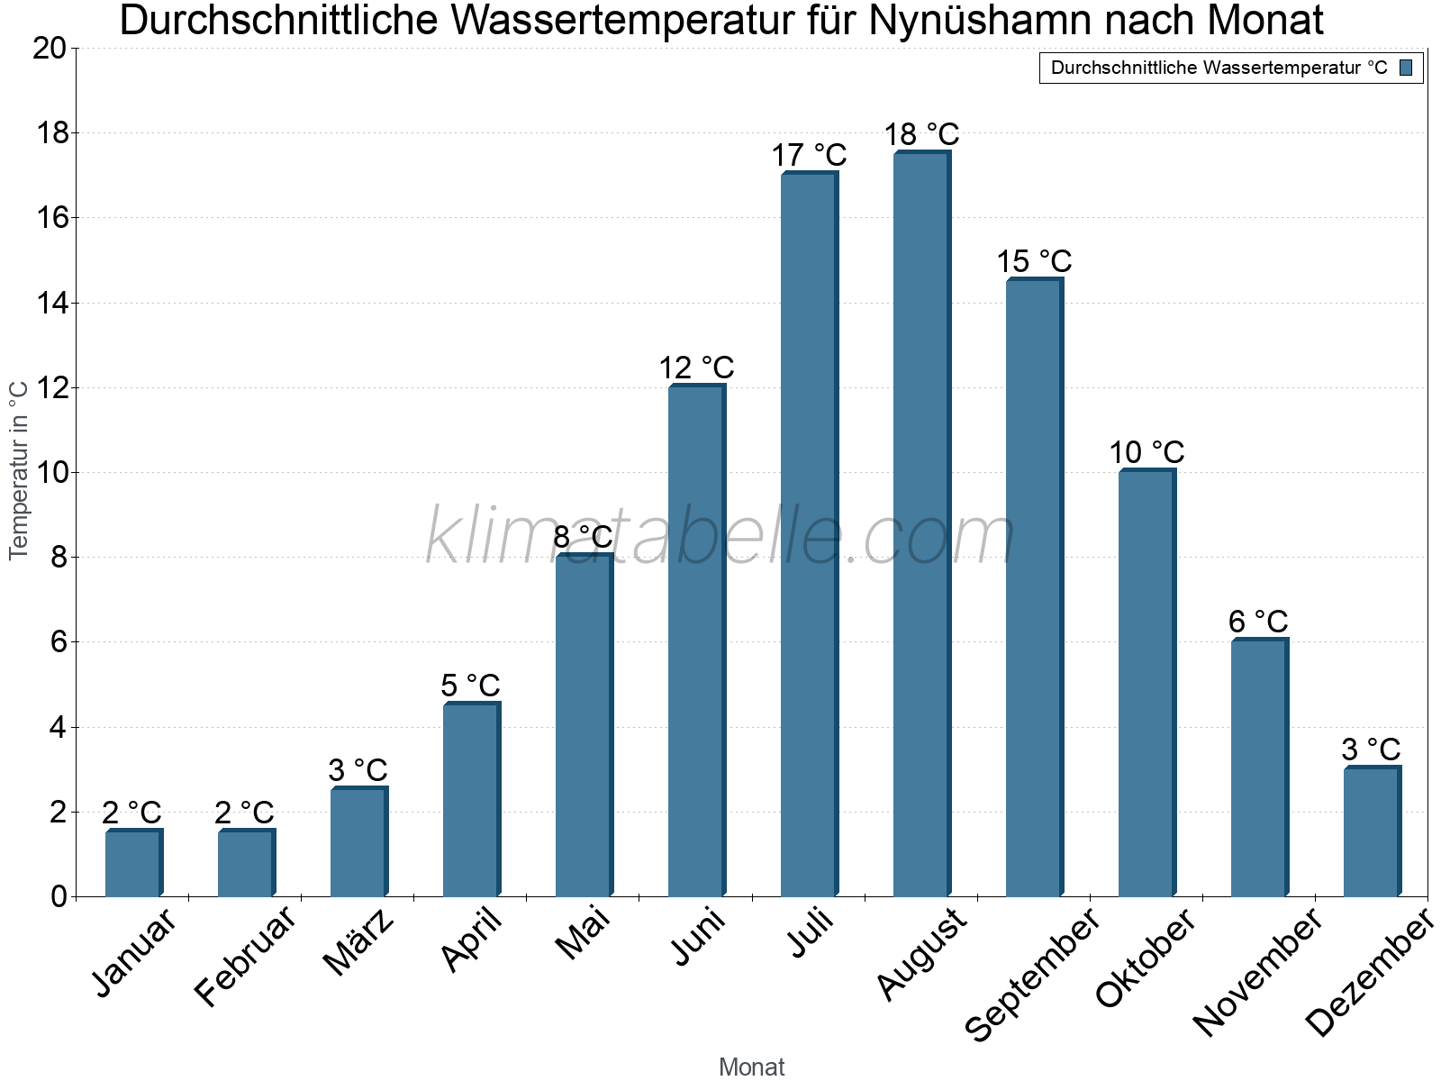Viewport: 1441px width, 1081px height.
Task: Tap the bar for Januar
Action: (x=133, y=863)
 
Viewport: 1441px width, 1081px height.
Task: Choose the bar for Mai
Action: (x=584, y=725)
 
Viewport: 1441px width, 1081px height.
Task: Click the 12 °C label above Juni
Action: (x=696, y=368)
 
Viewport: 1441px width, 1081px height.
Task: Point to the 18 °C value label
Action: (x=921, y=135)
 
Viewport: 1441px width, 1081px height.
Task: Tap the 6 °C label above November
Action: (x=1258, y=622)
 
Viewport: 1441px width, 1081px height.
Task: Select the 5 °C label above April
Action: (x=470, y=686)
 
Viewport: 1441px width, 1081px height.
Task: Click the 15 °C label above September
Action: (x=1034, y=262)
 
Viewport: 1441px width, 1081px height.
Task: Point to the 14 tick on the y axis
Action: (x=52, y=303)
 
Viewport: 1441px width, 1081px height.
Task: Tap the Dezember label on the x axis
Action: (x=1369, y=973)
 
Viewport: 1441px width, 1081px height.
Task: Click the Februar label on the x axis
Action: (x=245, y=956)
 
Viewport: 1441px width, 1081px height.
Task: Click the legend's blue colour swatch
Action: (x=1407, y=68)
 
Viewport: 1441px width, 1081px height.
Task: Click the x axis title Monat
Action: (x=752, y=1067)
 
